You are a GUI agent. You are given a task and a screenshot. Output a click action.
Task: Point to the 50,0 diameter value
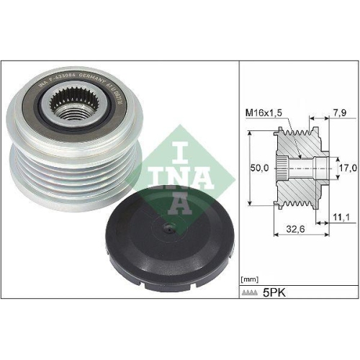pyautogui.click(x=257, y=167)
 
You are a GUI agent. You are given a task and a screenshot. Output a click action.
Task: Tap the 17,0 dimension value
pyautogui.click(x=347, y=167)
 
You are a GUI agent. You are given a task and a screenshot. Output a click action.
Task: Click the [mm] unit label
pyautogui.click(x=249, y=276)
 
